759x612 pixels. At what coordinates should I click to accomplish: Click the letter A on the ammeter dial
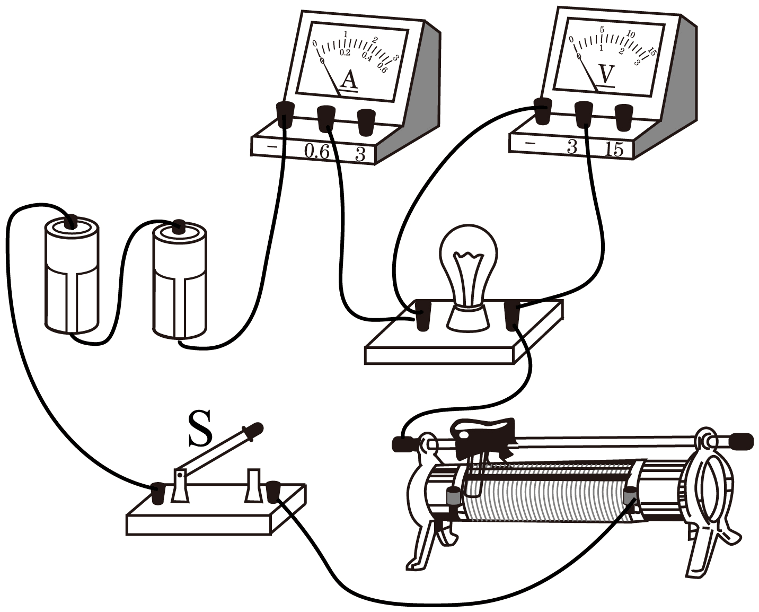coord(348,80)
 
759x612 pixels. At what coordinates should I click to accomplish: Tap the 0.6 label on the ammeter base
coord(316,152)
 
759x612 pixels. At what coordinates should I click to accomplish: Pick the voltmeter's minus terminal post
coord(543,111)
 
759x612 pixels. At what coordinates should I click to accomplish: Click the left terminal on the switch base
coord(158,493)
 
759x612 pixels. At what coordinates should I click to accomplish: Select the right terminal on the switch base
coord(273,491)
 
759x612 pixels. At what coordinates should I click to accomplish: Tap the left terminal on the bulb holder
coord(422,315)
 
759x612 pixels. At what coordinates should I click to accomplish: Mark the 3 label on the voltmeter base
coord(571,147)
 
